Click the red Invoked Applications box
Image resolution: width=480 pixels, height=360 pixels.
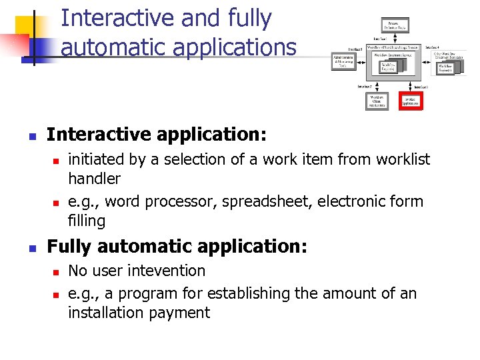tap(411, 101)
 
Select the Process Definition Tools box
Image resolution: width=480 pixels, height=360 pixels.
tap(395, 25)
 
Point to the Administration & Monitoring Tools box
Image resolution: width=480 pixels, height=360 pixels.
tap(343, 61)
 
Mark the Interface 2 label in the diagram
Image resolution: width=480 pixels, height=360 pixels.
tap(365, 87)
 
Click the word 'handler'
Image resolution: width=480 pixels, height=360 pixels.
tap(95, 179)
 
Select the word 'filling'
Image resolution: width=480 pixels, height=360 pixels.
tap(87, 221)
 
